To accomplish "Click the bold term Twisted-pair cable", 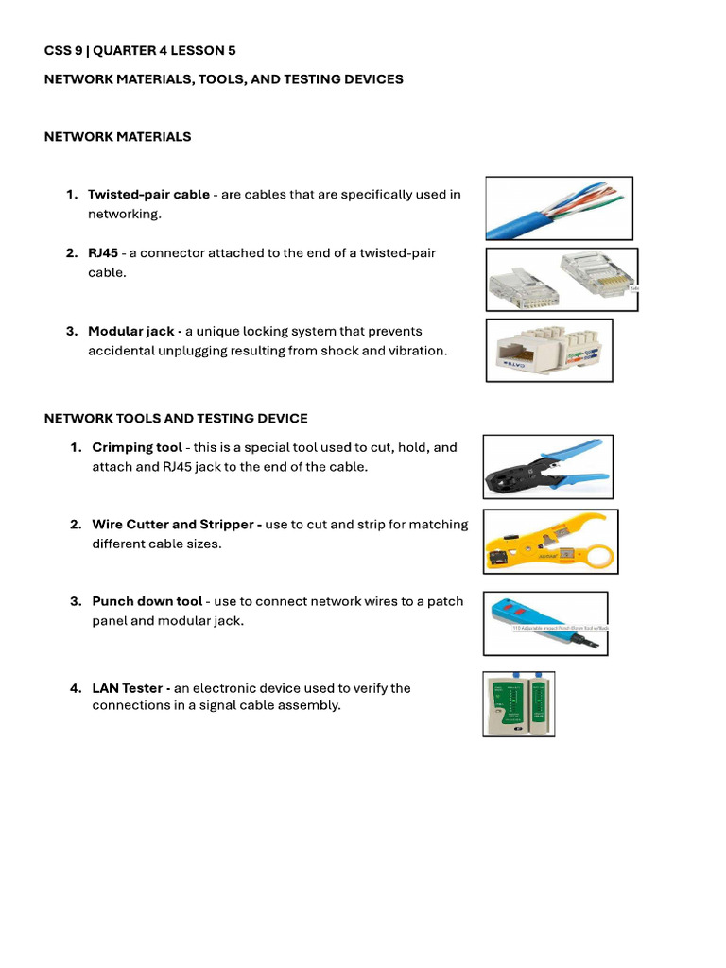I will [148, 195].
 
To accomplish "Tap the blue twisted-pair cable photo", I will [559, 208].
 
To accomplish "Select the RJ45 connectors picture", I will [562, 280].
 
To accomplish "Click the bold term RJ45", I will [103, 253].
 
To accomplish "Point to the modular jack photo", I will [549, 350].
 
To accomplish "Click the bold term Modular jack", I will [131, 332].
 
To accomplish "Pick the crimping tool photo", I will [547, 466].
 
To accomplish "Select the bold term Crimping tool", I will [137, 447].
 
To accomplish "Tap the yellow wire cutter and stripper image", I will [550, 542].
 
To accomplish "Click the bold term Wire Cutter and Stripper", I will [173, 525].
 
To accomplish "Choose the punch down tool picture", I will [545, 623].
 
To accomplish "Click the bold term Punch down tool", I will [147, 601].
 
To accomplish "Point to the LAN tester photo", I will [518, 703].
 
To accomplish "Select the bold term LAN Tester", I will [128, 688].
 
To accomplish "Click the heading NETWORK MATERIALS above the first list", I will [117, 137].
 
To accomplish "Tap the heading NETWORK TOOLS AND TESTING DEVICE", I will [176, 419].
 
